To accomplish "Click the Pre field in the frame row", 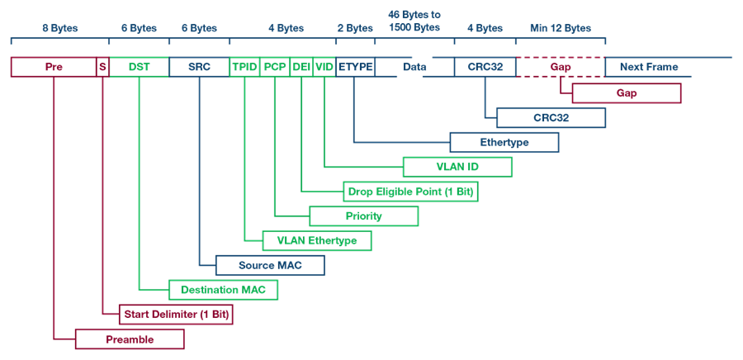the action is point(54,67).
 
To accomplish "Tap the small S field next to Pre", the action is point(103,67).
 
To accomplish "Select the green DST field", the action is point(140,67).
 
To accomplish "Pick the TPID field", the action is point(245,67).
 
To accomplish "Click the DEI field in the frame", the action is point(301,67).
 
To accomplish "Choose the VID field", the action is point(324,67).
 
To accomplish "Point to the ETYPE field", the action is point(355,67).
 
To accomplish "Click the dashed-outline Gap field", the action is point(561,67).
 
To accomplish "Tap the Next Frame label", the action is point(649,67).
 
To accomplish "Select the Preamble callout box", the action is point(130,339).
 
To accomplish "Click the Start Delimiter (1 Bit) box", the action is point(177,314).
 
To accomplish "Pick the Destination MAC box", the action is point(223,290).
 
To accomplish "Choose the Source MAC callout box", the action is point(270,265).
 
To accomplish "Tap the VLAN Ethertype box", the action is point(317,240).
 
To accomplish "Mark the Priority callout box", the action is point(364,216).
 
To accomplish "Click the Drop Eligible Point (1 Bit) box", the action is point(410,192).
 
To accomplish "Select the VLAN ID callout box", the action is point(457,167).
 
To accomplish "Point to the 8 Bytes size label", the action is point(59,28).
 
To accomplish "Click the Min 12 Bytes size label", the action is point(561,28).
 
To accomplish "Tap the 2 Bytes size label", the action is point(355,28).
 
